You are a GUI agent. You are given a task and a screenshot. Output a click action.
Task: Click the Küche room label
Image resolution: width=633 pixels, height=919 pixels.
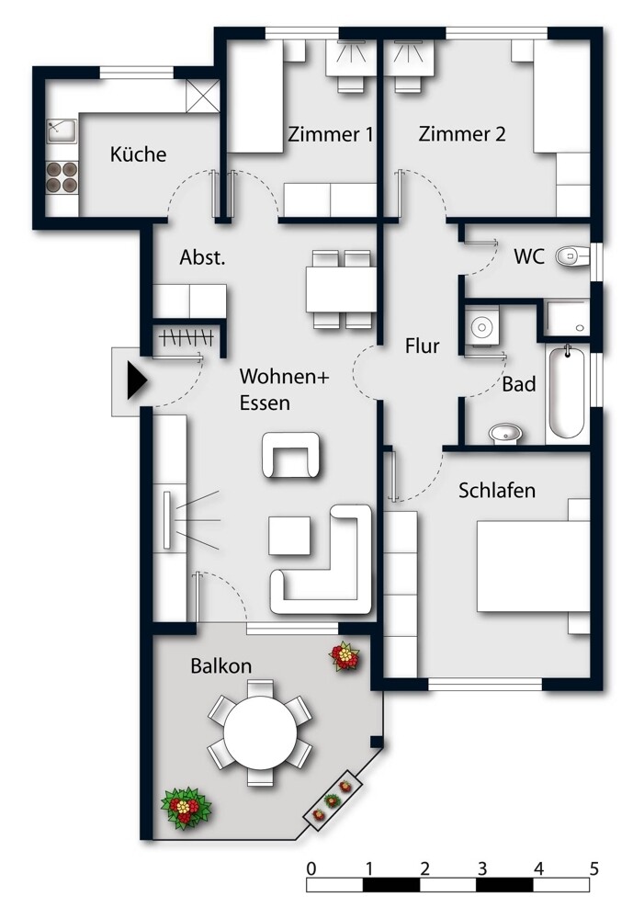(139, 154)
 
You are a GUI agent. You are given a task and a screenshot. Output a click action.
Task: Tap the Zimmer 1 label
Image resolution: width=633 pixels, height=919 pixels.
(331, 134)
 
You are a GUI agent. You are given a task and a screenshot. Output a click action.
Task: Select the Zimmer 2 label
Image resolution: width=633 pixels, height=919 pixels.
(462, 133)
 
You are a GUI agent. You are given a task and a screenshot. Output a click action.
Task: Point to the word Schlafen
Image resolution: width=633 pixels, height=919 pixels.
(497, 490)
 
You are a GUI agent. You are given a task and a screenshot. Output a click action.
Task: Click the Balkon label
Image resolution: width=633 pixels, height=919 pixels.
(221, 665)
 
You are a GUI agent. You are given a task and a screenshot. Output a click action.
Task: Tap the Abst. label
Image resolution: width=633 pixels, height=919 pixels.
(202, 257)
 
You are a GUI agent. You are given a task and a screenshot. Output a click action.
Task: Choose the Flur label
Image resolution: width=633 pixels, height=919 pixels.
(422, 346)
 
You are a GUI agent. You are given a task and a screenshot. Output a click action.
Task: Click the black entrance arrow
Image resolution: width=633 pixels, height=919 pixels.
(137, 381)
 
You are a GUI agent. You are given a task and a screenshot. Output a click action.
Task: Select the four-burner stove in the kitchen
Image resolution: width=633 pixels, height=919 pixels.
(62, 177)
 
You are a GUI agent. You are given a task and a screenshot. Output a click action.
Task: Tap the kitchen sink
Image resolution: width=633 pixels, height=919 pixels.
(62, 131)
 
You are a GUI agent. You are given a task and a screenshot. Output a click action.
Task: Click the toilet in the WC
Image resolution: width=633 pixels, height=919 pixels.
(572, 256)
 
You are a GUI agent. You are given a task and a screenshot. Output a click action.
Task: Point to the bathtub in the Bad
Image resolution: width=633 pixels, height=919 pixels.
(567, 392)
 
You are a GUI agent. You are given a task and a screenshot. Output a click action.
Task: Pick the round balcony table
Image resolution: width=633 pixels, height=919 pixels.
(260, 732)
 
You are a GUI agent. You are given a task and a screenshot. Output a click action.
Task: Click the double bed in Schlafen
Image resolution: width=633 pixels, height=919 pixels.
(533, 566)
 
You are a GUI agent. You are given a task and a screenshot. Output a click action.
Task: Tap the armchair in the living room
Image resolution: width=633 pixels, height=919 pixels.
(291, 456)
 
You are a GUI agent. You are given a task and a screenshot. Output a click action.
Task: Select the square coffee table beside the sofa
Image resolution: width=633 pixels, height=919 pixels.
(289, 535)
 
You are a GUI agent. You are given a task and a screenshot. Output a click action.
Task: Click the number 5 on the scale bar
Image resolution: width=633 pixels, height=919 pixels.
(594, 868)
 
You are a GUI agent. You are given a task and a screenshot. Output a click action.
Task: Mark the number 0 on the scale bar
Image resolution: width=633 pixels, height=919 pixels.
(311, 868)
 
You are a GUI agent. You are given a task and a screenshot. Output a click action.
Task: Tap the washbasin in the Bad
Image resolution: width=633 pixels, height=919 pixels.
(505, 434)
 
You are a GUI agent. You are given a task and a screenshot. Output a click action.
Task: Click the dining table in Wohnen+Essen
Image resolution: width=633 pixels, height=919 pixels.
(341, 289)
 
